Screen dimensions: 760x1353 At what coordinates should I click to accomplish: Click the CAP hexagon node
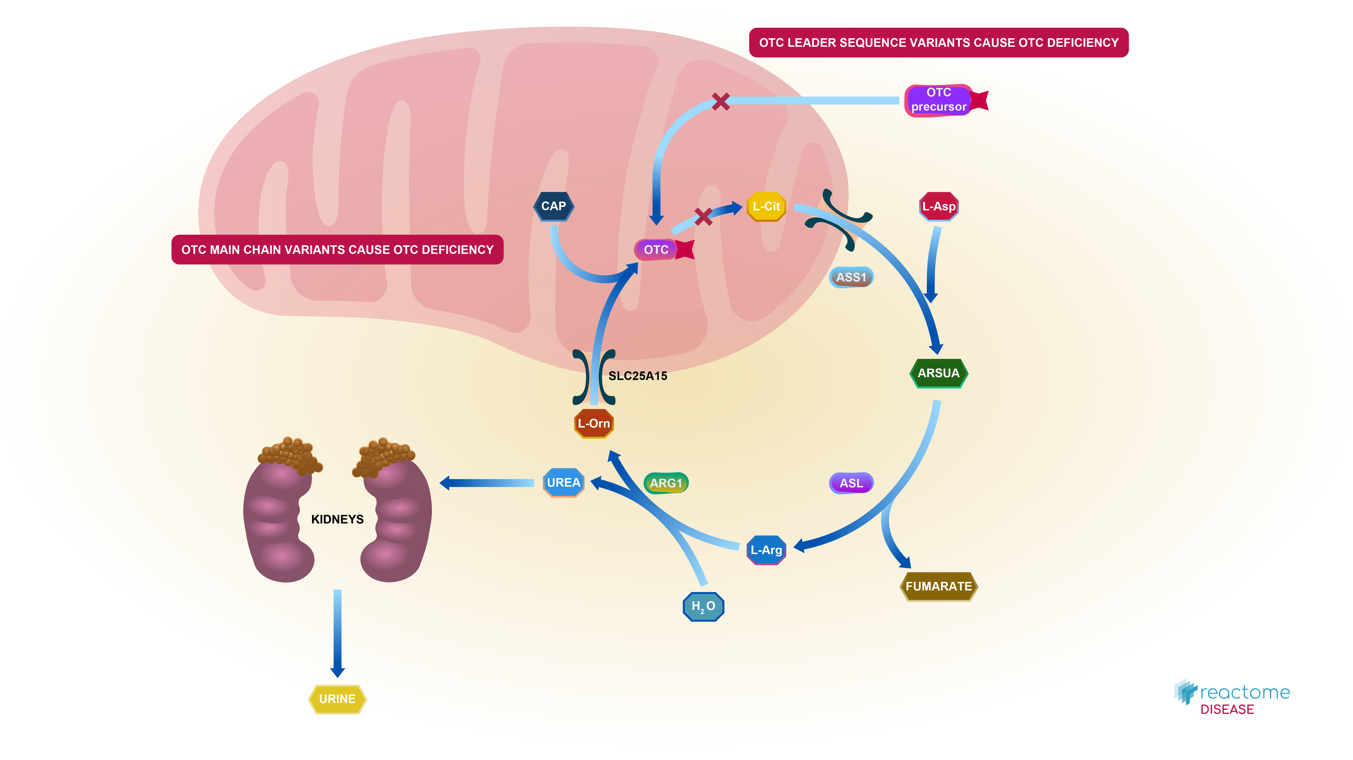(x=554, y=206)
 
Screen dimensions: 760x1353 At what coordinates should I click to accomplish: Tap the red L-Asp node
(x=939, y=206)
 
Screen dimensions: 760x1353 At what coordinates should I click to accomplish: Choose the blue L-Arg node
(x=766, y=550)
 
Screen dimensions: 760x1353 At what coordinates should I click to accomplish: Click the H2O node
(x=703, y=606)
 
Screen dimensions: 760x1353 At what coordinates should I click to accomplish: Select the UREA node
(x=563, y=482)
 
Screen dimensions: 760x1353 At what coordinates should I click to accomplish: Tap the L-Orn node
(x=594, y=423)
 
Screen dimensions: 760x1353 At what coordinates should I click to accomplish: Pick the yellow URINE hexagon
(x=337, y=699)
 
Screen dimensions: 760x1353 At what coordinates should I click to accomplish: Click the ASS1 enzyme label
(x=851, y=277)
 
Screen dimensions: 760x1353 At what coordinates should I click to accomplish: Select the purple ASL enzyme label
(x=851, y=483)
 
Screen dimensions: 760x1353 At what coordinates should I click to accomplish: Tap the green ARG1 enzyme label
(x=666, y=483)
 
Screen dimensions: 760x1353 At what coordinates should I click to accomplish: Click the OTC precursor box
(x=939, y=100)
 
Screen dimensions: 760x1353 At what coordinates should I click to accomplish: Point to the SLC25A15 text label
(x=638, y=376)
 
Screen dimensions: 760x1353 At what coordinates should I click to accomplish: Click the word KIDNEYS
(x=337, y=519)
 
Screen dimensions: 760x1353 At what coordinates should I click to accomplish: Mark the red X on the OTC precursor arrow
(x=721, y=101)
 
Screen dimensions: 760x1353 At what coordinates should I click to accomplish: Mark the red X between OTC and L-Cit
(x=703, y=216)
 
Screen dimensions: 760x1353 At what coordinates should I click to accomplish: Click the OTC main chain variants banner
(x=337, y=250)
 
